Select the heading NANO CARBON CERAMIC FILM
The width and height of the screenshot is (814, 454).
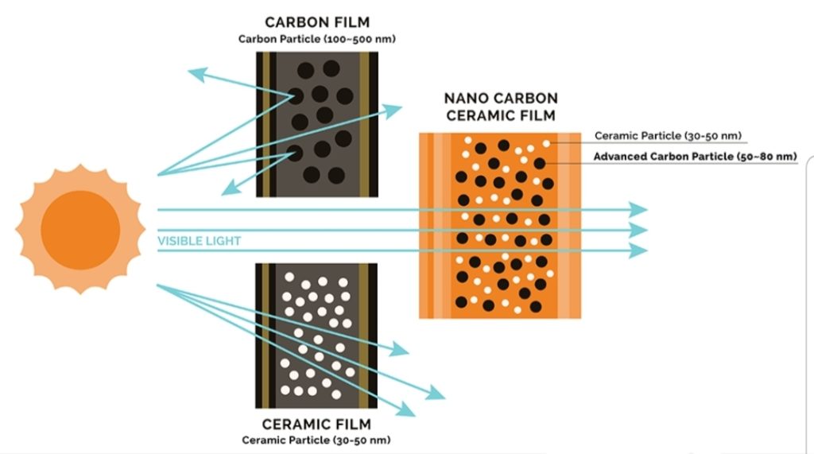(501, 107)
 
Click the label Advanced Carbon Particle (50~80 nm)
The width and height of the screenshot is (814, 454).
(695, 157)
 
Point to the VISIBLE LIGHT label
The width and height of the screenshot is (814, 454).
(199, 241)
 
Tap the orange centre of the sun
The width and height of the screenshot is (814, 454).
(80, 230)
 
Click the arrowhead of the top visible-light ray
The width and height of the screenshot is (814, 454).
(639, 210)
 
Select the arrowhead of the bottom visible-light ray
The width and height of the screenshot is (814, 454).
(639, 251)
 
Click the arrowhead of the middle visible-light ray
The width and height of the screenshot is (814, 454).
(639, 231)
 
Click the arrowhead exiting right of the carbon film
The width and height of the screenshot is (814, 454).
(393, 111)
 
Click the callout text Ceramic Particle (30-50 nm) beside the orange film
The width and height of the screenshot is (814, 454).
(668, 135)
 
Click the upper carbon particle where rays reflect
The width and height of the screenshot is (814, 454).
(296, 96)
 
